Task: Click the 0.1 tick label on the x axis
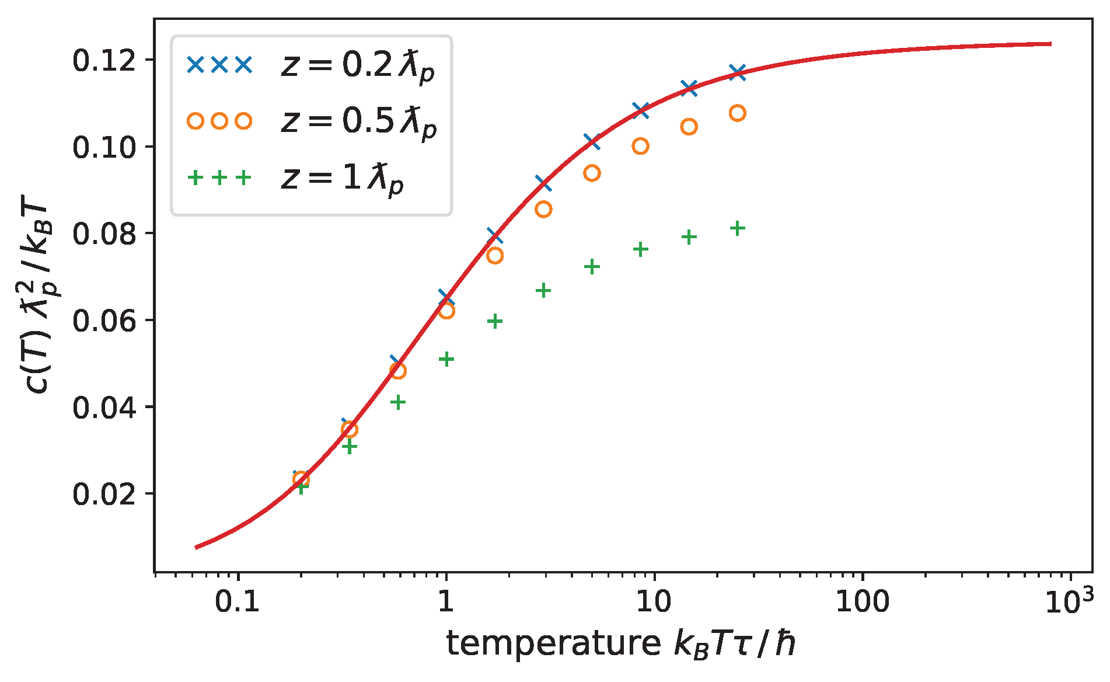[237, 601]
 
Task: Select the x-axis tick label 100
[862, 601]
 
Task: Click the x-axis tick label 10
[654, 601]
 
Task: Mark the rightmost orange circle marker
[737, 113]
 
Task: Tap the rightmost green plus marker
[737, 228]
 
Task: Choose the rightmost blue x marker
[737, 72]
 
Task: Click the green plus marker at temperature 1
[446, 359]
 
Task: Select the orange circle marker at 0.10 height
[640, 146]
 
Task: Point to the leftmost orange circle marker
[301, 479]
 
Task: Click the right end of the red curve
[1050, 44]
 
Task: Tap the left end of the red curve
[197, 547]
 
